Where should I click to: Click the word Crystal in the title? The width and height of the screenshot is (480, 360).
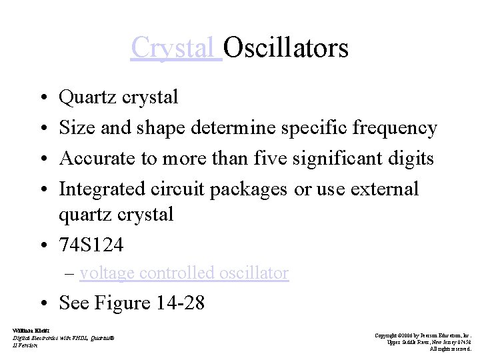click(x=175, y=48)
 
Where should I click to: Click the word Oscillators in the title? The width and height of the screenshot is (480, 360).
click(x=286, y=48)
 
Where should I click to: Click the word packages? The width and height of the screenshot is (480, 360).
click(x=249, y=189)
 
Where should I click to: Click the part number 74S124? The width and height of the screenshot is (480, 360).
click(x=91, y=245)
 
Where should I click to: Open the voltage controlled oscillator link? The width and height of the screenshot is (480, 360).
click(x=183, y=273)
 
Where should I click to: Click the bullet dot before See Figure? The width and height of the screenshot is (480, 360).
click(x=42, y=303)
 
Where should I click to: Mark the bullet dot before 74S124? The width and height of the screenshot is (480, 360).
click(x=42, y=246)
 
